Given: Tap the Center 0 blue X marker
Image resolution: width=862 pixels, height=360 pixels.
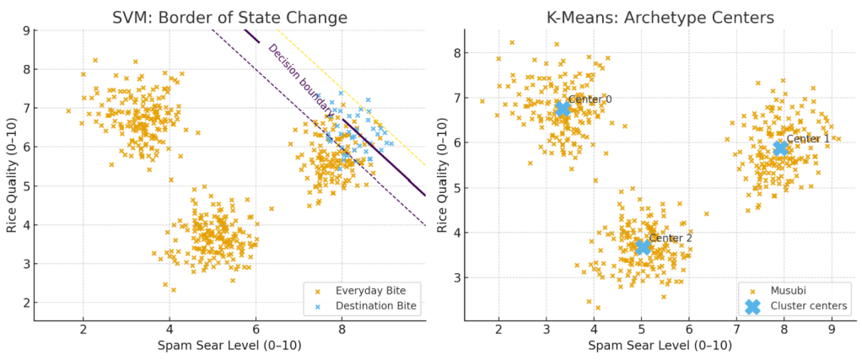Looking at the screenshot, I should coord(563,109).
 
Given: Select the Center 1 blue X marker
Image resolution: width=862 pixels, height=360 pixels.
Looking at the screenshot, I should coord(780,148).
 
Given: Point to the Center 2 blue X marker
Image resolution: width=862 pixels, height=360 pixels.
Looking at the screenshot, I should coord(643,247).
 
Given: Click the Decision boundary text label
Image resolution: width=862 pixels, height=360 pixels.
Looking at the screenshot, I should coord(299,79).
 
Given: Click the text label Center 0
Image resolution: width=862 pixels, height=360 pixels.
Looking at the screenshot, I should coord(590,99).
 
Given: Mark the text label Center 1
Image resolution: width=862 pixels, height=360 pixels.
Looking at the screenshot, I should coord(807,138).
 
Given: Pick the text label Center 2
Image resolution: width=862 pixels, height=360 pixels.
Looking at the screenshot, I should coord(671,239).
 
